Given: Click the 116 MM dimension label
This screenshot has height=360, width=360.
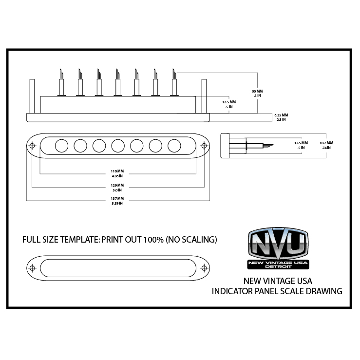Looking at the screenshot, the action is pyautogui.click(x=117, y=171).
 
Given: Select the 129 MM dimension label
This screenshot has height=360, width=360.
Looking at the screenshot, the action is pyautogui.click(x=117, y=185).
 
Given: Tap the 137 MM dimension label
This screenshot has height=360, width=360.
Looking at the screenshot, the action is pyautogui.click(x=117, y=198).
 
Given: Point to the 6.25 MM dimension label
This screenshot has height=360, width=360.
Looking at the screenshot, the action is pyautogui.click(x=281, y=115).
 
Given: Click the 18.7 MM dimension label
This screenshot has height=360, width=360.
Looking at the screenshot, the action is pyautogui.click(x=326, y=143).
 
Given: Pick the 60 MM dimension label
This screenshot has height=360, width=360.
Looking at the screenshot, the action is pyautogui.click(x=257, y=91).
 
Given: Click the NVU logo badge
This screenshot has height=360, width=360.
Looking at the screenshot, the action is pyautogui.click(x=278, y=248).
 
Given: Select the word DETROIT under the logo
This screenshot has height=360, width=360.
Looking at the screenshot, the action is pyautogui.click(x=278, y=266).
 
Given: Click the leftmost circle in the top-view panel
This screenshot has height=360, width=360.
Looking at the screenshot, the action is pyautogui.click(x=62, y=146).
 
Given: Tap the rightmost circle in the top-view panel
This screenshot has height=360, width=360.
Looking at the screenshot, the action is pyautogui.click(x=174, y=146).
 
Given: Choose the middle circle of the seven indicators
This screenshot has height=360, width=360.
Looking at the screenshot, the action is pyautogui.click(x=118, y=146).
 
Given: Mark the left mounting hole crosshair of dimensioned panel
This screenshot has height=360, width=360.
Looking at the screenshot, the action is pyautogui.click(x=32, y=146).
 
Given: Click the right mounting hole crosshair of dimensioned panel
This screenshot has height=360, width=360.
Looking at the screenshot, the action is pyautogui.click(x=204, y=146).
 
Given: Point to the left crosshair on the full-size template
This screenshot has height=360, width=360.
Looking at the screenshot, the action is pyautogui.click(x=32, y=268).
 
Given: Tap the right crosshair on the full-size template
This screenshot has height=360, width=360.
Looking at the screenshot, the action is pyautogui.click(x=204, y=268).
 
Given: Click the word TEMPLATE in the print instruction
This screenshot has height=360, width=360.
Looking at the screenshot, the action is pyautogui.click(x=80, y=240).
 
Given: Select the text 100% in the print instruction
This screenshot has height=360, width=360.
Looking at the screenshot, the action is pyautogui.click(x=153, y=240).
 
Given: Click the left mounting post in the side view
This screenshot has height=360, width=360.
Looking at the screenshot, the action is pyautogui.click(x=32, y=96).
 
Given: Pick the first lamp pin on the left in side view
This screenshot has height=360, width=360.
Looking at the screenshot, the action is pyautogui.click(x=61, y=82).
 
